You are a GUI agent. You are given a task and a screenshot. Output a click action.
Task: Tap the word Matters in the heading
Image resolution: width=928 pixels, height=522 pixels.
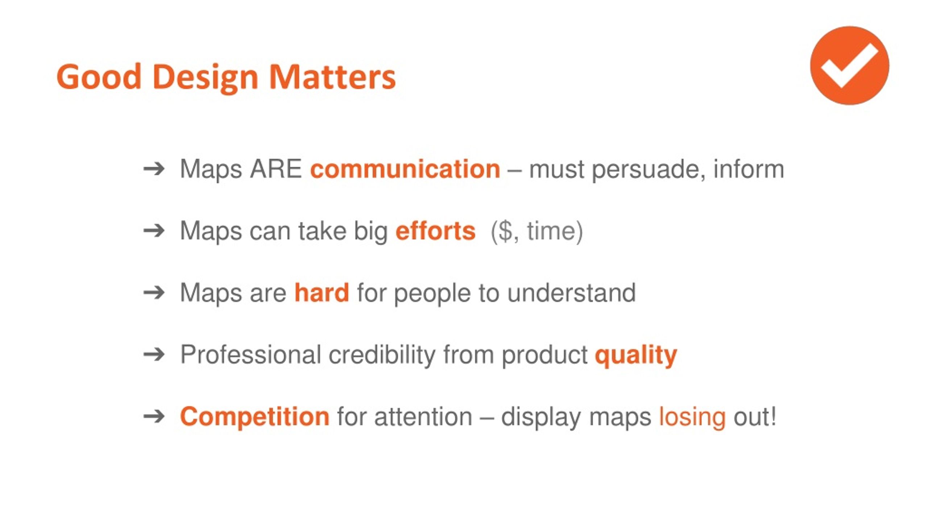click(332, 76)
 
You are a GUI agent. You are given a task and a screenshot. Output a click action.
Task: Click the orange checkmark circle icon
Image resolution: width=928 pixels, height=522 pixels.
click(849, 66)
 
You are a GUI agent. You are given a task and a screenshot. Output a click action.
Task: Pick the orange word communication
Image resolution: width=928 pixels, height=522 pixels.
click(405, 169)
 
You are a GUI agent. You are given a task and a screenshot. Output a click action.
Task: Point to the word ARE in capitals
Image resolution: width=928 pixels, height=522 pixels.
click(276, 169)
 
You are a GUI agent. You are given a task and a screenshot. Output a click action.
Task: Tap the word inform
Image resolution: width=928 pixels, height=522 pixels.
click(749, 169)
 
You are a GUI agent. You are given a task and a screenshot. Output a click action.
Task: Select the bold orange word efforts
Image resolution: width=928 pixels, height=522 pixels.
click(435, 231)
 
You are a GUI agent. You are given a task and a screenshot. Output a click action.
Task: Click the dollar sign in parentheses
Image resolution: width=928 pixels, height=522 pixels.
click(505, 231)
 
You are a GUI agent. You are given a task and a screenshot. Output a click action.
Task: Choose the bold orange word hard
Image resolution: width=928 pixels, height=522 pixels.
click(322, 293)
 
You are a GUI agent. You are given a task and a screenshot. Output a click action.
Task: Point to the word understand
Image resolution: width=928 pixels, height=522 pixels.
click(572, 293)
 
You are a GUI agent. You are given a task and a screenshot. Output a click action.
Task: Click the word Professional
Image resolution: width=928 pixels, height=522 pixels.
click(250, 355)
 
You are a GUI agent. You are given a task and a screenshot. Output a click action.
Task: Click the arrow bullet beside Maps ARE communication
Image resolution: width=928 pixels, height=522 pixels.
click(154, 169)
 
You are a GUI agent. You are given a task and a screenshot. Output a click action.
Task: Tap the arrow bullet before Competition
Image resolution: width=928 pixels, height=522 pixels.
click(154, 417)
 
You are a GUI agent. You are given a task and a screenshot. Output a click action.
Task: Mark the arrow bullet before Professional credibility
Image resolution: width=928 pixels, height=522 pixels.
click(154, 355)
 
